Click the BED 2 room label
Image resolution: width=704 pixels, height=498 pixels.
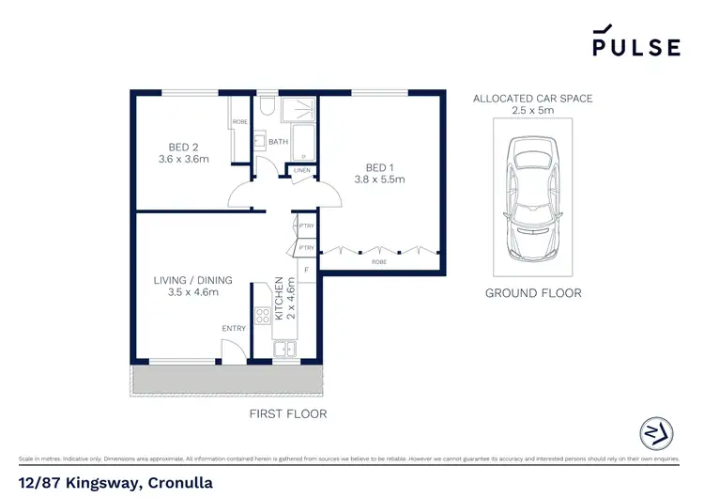182,147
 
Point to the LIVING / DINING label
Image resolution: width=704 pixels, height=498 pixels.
192,280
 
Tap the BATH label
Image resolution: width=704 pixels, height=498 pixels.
278,143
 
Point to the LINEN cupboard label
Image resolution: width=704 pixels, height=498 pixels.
302,170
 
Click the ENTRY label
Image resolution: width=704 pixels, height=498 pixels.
234,328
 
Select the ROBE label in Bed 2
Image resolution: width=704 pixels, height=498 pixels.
239,122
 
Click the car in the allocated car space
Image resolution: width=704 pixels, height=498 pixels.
532,201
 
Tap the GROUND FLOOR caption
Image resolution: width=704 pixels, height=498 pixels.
532,293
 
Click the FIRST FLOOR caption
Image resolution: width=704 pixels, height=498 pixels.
287,413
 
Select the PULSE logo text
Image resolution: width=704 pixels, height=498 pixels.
635,47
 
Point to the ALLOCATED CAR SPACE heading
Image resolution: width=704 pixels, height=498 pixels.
532,99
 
